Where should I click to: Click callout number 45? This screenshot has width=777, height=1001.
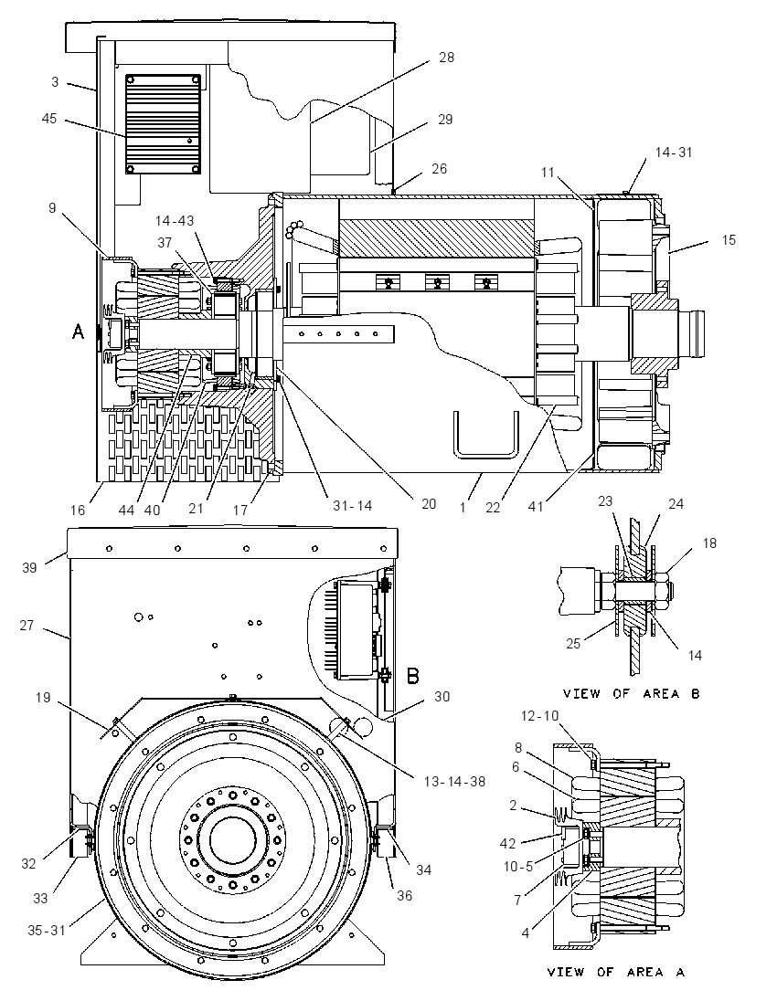(49, 119)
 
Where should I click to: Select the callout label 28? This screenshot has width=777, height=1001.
(447, 58)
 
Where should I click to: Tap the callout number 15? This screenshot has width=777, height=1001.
(729, 240)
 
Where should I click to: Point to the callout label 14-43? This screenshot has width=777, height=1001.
(175, 221)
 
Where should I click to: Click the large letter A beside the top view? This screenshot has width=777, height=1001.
(78, 332)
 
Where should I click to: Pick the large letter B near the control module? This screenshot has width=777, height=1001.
(413, 676)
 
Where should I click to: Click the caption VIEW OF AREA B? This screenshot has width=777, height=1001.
(631, 694)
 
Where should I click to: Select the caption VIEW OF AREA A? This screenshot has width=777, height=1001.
(615, 973)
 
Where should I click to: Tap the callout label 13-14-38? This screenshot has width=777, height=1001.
(454, 781)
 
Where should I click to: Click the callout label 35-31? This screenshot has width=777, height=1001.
(47, 931)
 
